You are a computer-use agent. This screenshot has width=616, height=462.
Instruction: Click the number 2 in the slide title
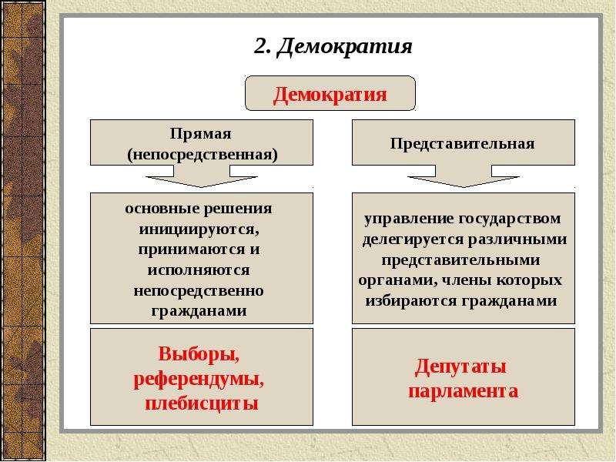(x=262, y=45)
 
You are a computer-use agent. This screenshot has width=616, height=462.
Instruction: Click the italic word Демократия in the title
(x=345, y=47)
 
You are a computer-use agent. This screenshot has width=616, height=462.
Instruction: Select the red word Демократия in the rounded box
(x=330, y=95)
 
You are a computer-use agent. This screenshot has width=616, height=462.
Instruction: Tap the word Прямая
(x=201, y=134)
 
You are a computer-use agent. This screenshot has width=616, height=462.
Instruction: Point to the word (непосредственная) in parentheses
(x=203, y=155)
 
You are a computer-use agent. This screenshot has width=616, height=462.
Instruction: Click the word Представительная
(x=463, y=144)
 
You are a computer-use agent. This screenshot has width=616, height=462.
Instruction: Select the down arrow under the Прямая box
(x=202, y=176)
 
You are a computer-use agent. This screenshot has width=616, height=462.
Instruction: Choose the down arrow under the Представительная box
(x=464, y=176)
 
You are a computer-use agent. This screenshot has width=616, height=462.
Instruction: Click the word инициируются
(x=199, y=229)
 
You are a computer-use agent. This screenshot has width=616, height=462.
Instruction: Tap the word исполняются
(x=199, y=270)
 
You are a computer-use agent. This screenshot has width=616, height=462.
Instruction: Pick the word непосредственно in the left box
(x=199, y=291)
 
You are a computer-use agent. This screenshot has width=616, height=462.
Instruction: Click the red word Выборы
(x=199, y=354)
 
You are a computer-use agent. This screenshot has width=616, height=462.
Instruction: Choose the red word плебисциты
(x=202, y=403)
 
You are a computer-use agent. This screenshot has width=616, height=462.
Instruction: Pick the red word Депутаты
(x=460, y=367)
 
